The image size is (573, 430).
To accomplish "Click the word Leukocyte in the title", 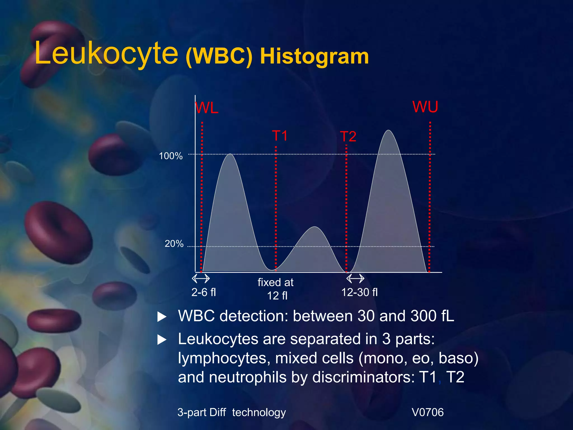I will (x=106, y=53).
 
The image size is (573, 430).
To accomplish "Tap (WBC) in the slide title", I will (x=219, y=57).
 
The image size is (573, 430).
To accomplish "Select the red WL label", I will (x=206, y=108).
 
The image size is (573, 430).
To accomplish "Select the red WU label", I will (x=425, y=107).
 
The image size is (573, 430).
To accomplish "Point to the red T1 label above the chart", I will (x=280, y=136).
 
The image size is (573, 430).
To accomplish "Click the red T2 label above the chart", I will (x=348, y=137).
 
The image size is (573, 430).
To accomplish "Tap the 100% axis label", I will (x=171, y=156).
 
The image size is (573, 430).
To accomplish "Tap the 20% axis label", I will (x=174, y=244).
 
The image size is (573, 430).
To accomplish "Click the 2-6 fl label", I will (x=204, y=292).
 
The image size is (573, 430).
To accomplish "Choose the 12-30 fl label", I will (x=360, y=292).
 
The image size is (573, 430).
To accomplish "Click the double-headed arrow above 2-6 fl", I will (x=201, y=279).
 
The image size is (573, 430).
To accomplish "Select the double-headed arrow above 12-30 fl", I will (x=355, y=279).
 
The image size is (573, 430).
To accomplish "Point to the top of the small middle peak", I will (x=315, y=227).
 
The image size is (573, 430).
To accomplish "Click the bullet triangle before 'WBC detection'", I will (x=162, y=317).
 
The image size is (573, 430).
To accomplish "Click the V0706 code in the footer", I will (x=428, y=412).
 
